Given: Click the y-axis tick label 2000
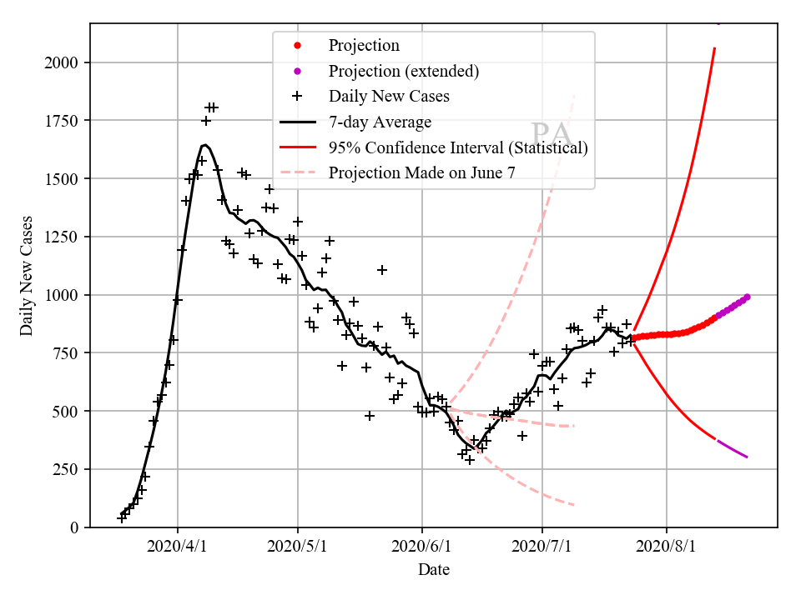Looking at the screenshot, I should coord(64,62).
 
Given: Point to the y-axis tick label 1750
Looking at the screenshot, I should coord(64,121).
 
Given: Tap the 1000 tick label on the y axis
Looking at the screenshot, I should coord(64,295).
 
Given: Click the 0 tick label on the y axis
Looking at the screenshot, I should coord(75,527).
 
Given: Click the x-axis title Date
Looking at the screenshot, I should coord(434,570).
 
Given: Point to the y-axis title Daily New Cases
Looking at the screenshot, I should coord(27,275).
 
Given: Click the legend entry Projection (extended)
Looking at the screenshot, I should coord(404,71).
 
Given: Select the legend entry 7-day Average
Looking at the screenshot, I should coord(380,122).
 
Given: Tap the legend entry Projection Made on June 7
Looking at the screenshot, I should coord(422,173).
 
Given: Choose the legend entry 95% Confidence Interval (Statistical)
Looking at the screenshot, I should coord(458,148).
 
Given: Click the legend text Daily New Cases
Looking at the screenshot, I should coord(389,97).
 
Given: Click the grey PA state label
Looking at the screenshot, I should coord(551,133).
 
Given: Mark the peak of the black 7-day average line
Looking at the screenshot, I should coord(204,145).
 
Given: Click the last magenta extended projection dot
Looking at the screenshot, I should coord(748,297).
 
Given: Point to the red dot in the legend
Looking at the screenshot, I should coord(298,45).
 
